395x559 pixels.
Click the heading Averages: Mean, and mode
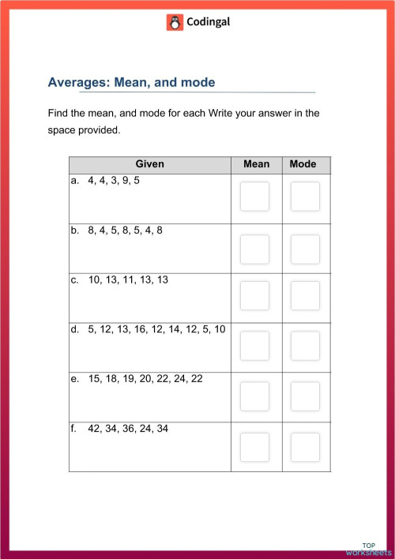[131, 83]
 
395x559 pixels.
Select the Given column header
[149, 164]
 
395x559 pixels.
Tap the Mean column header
[256, 164]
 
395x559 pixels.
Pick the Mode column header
[303, 164]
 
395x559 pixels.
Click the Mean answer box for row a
[254, 197]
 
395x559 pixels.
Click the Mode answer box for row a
[304, 197]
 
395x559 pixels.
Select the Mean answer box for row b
[254, 248]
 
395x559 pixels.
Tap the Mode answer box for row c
[304, 296]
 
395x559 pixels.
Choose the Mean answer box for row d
[254, 346]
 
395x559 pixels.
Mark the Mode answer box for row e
[304, 396]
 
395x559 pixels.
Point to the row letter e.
[75, 379]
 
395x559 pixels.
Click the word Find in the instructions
[59, 113]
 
